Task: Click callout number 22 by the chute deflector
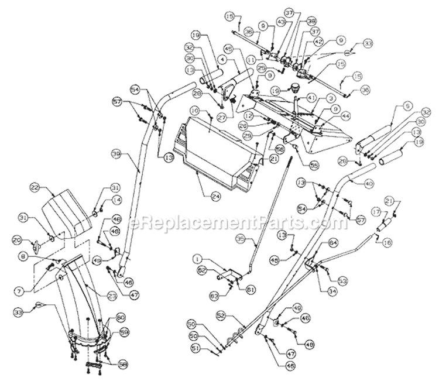pos(35,187)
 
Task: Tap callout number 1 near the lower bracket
pos(198,258)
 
